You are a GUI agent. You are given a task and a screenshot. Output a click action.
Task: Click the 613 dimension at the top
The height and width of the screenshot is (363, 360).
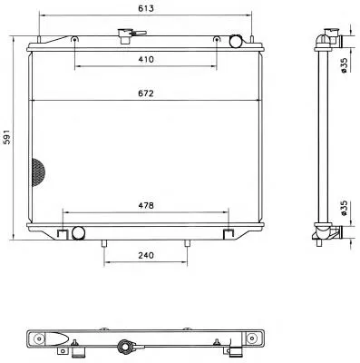144,9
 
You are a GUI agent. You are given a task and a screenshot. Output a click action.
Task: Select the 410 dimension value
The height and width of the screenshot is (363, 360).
144,59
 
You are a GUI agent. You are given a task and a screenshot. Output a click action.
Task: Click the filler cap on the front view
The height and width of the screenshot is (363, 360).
123,36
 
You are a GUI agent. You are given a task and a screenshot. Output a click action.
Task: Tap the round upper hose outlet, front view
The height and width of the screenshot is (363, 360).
236,41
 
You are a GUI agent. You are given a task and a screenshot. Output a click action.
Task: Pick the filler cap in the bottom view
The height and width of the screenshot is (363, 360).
124,346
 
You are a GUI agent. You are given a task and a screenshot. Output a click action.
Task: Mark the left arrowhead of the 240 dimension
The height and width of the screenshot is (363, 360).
108,265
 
